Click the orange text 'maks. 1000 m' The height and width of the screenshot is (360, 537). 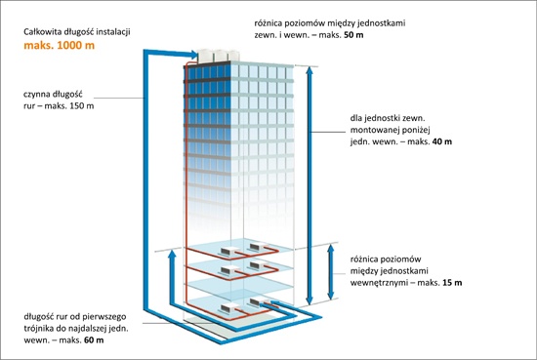pyautogui.click(x=60, y=46)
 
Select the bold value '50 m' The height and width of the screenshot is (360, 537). pyautogui.click(x=353, y=35)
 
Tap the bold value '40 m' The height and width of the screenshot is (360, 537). pyautogui.click(x=442, y=141)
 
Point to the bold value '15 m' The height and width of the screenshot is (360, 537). pyautogui.click(x=452, y=283)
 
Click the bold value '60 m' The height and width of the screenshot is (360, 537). pyautogui.click(x=94, y=340)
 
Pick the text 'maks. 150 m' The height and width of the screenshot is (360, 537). pyautogui.click(x=69, y=105)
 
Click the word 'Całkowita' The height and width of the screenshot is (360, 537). pyautogui.click(x=42, y=32)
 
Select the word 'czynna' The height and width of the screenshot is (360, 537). pyautogui.click(x=35, y=95)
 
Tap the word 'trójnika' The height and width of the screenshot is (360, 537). pyautogui.click(x=38, y=329)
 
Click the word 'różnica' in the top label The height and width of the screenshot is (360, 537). pyautogui.click(x=268, y=23)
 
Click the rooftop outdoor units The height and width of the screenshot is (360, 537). pyautogui.click(x=217, y=56)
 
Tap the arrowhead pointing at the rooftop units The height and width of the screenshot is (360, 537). pyautogui.click(x=192, y=55)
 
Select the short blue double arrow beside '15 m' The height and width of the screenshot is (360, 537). pyautogui.click(x=330, y=272)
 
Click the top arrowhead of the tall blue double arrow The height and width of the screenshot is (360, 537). pyautogui.click(x=310, y=71)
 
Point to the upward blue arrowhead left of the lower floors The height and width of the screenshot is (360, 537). pyautogui.click(x=172, y=255)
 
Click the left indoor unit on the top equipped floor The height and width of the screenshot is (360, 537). pyautogui.click(x=229, y=251)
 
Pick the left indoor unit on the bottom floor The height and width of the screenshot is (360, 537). pyautogui.click(x=229, y=308)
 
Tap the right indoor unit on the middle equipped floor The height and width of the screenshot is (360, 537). pyautogui.click(x=258, y=264)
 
